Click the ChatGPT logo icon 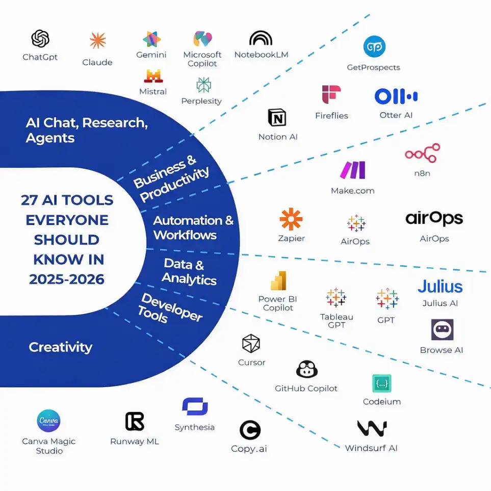(x=40, y=39)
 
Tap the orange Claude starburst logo (x=97, y=41)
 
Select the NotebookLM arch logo (x=261, y=38)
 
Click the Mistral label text (x=153, y=92)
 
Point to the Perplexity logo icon (x=203, y=85)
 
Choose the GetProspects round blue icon (x=374, y=47)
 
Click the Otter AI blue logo (x=396, y=96)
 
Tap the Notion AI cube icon (x=277, y=118)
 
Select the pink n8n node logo (x=422, y=153)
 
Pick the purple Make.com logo (x=353, y=170)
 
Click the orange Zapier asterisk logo (x=291, y=219)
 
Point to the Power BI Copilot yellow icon (x=278, y=280)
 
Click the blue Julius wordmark (x=440, y=287)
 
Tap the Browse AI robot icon (x=442, y=330)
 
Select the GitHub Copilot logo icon (x=306, y=369)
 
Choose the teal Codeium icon (x=381, y=383)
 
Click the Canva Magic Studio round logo (x=48, y=421)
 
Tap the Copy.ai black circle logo (x=250, y=430)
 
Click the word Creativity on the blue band (x=61, y=347)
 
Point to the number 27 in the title (x=30, y=200)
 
